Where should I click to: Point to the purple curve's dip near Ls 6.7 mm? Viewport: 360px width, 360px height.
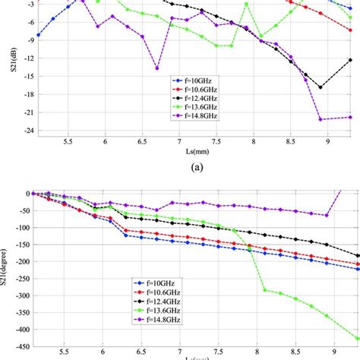click(157, 68)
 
